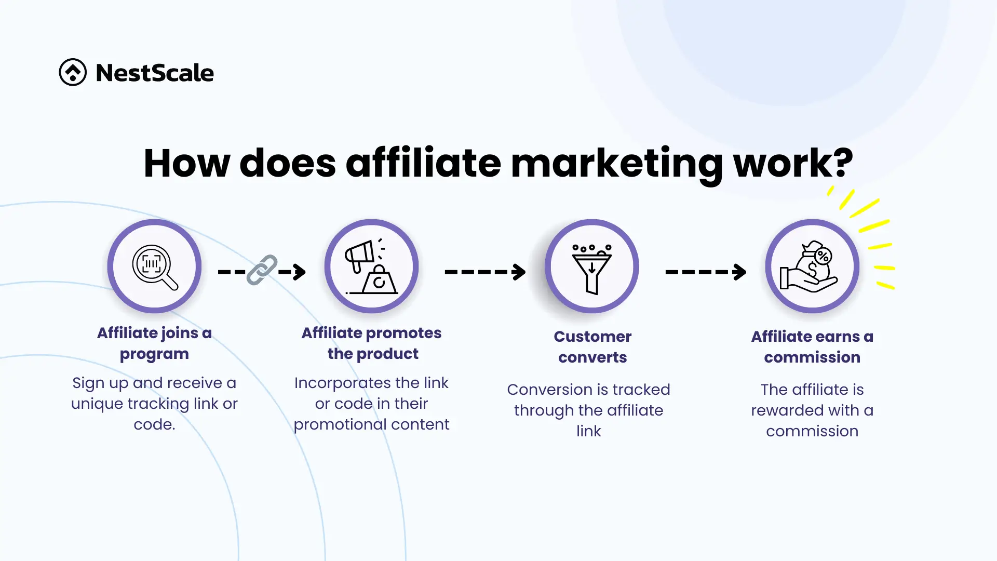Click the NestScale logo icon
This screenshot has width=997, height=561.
tap(73, 72)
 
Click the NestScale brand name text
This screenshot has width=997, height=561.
tap(155, 73)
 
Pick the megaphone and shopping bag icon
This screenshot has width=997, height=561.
tap(372, 267)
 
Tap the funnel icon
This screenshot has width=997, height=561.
tap(592, 269)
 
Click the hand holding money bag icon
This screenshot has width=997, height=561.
tap(809, 266)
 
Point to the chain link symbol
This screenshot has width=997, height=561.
tap(262, 270)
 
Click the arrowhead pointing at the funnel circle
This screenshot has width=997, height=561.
tap(519, 272)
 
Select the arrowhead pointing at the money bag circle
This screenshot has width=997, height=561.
tap(739, 272)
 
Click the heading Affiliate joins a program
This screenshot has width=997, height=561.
tap(154, 343)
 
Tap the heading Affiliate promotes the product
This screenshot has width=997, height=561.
tap(372, 343)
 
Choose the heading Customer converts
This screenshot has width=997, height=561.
tap(592, 347)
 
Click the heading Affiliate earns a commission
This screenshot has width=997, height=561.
tap(812, 347)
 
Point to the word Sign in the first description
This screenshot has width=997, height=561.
tap(88, 383)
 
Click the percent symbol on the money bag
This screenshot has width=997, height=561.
tap(824, 256)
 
